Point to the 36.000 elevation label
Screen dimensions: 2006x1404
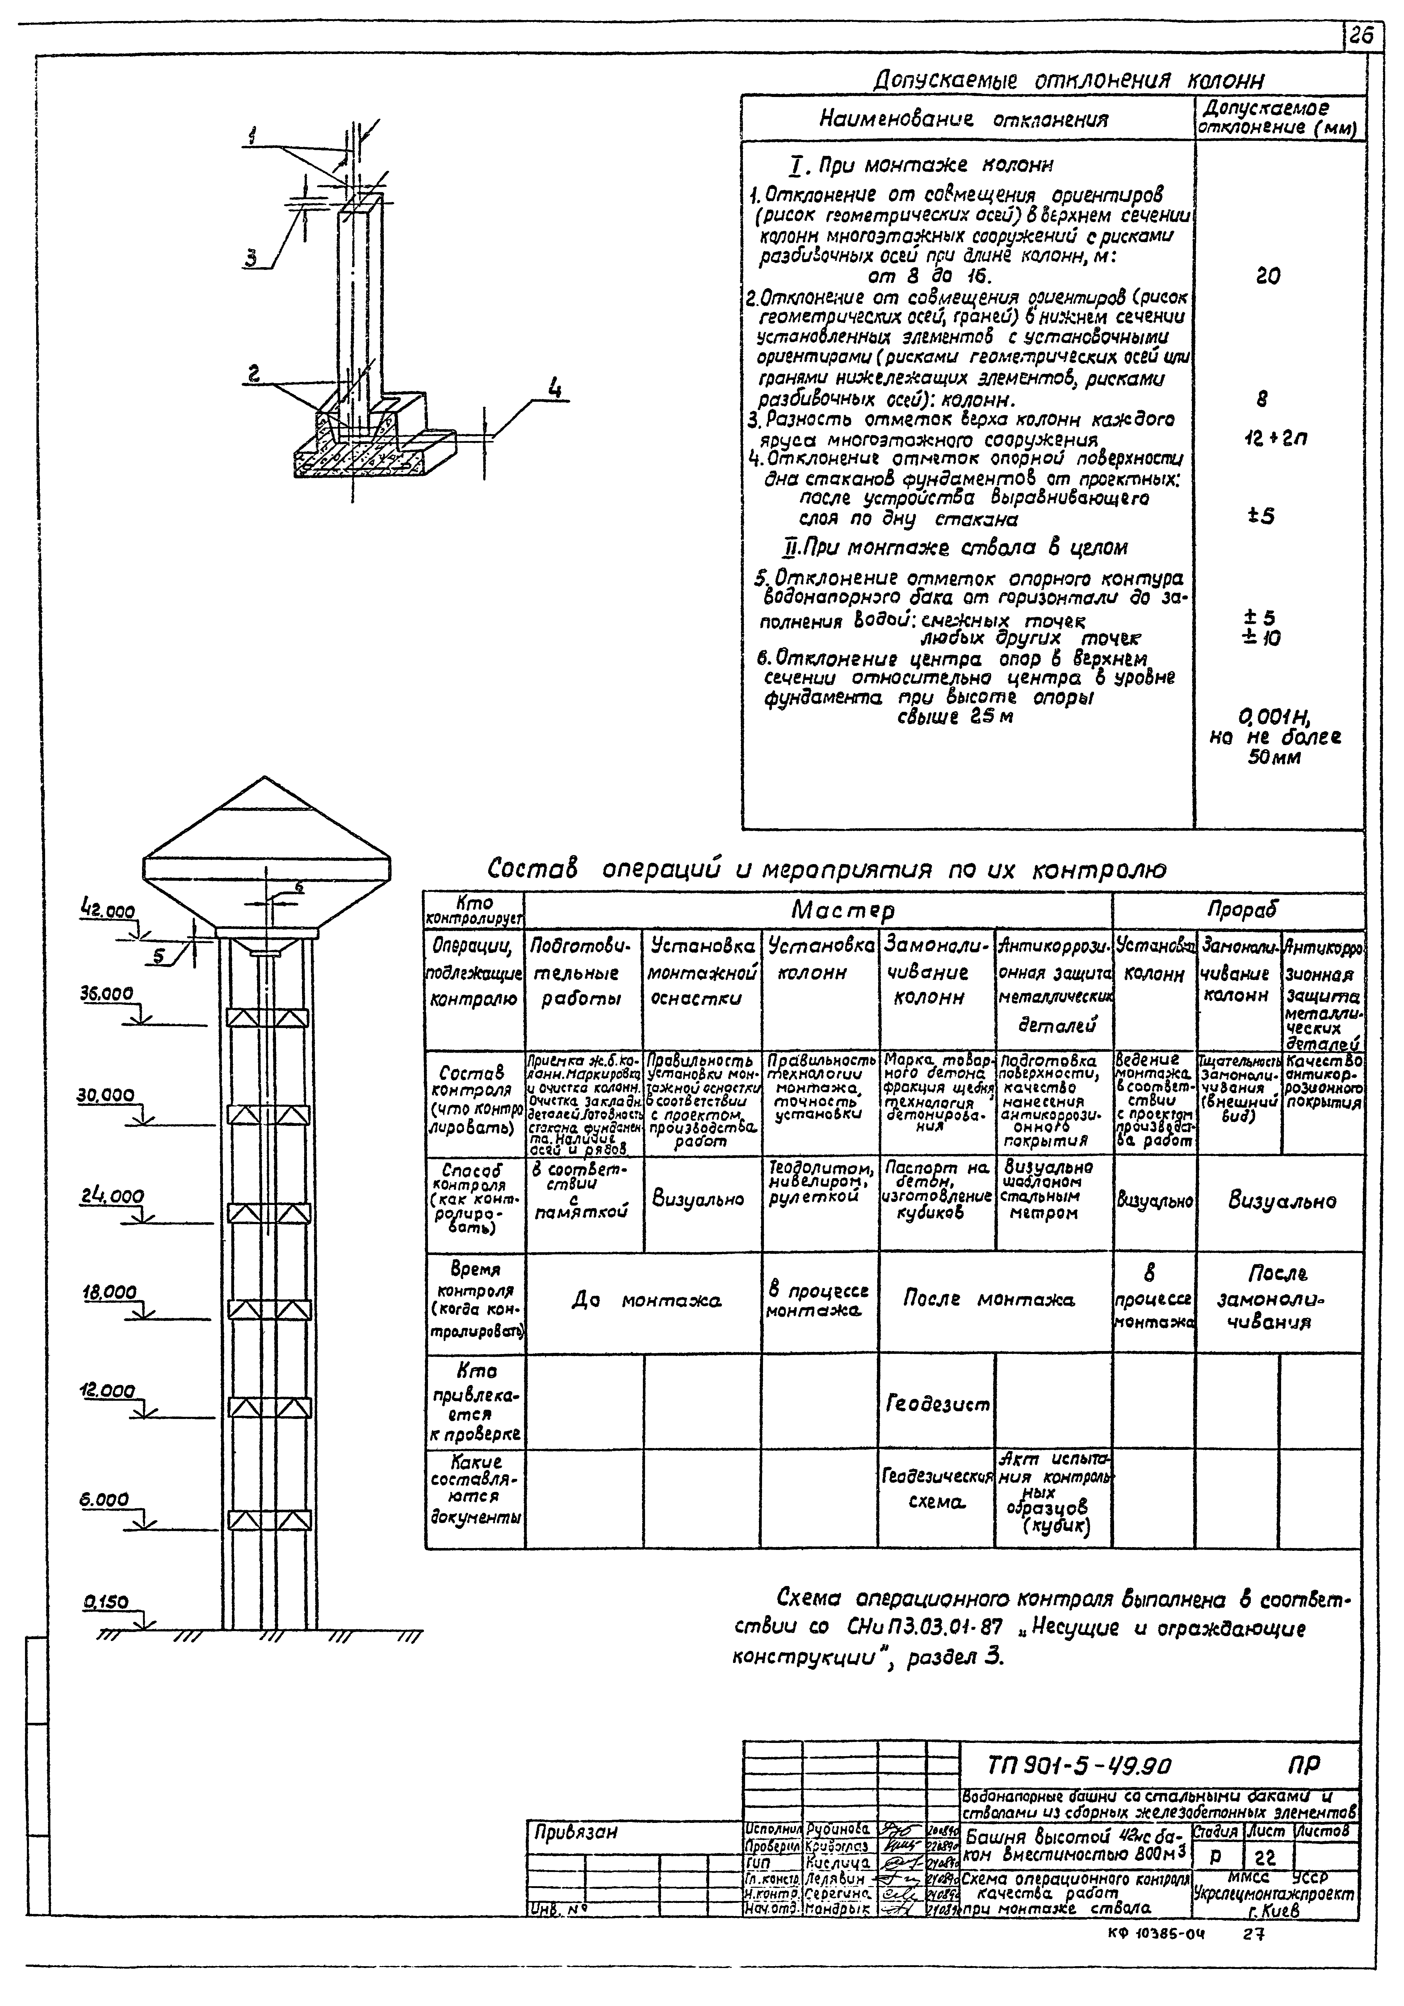[x=107, y=994]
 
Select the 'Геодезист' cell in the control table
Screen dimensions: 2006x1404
[x=937, y=1405]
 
